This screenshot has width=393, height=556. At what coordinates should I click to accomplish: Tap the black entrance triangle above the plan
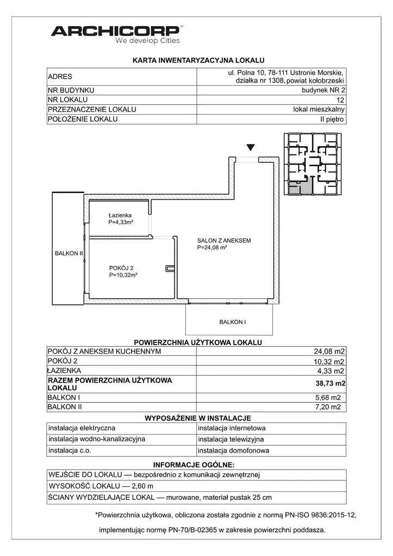[250, 147]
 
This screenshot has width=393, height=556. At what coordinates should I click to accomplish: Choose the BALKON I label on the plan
[232, 322]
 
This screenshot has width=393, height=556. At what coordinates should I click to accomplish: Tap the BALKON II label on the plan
[68, 253]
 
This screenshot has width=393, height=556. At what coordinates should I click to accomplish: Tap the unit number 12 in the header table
[340, 100]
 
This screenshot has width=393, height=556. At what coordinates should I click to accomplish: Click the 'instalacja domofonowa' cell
[233, 451]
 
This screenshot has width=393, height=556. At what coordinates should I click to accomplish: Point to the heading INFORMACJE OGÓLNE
[194, 465]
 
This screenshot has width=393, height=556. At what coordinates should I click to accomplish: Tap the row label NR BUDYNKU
[71, 90]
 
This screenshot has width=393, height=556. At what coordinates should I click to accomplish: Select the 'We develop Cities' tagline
[147, 41]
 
